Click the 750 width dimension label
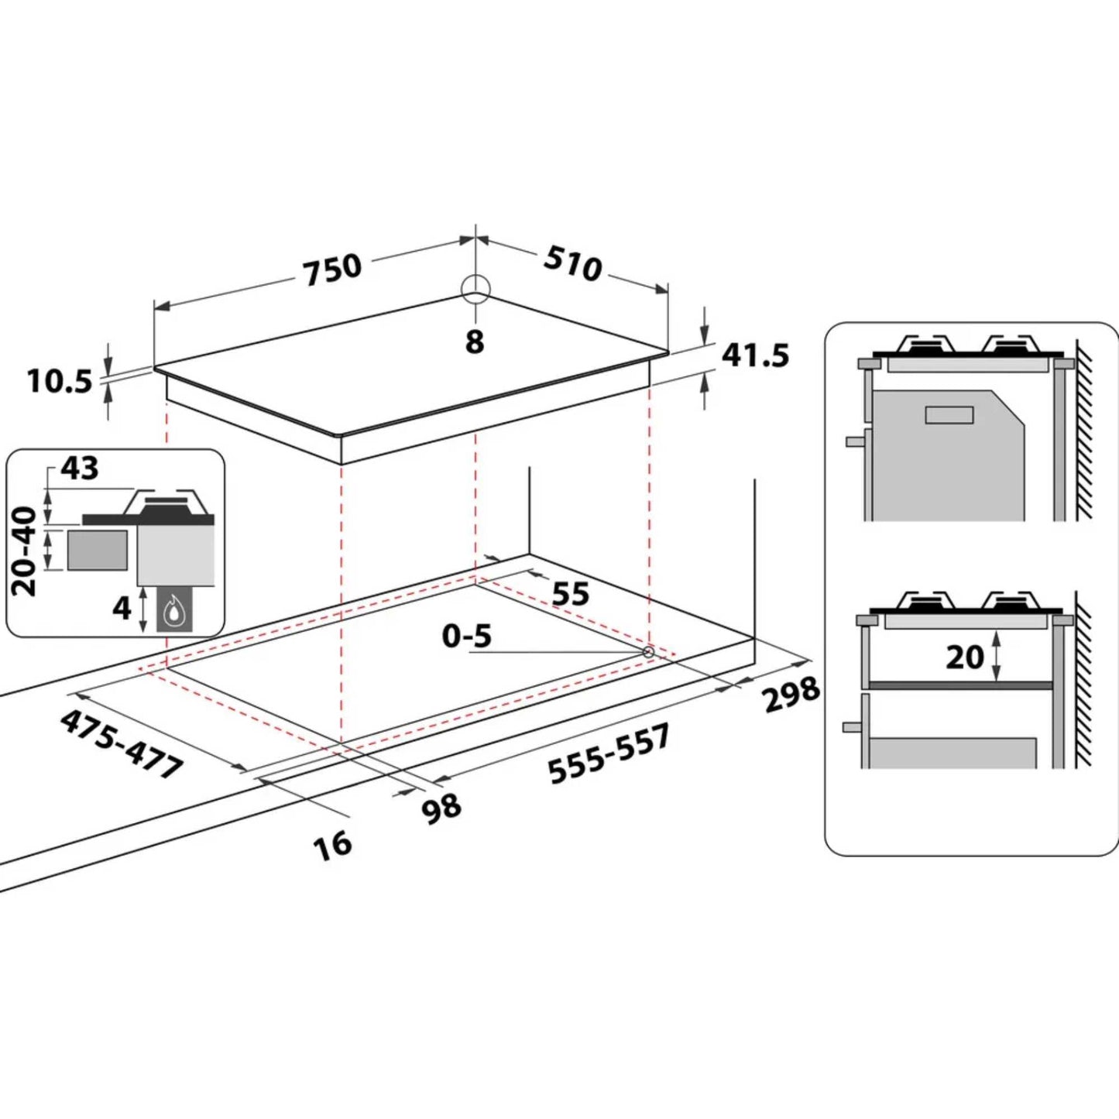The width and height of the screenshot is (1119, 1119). (333, 269)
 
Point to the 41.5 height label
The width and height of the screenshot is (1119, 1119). (755, 355)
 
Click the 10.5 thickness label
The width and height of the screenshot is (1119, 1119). (60, 382)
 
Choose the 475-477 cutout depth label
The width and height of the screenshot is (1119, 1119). (122, 745)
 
